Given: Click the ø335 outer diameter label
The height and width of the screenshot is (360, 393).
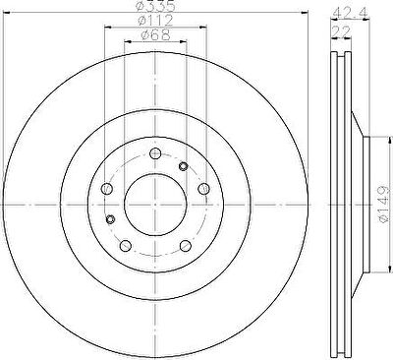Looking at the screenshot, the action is (155, 6).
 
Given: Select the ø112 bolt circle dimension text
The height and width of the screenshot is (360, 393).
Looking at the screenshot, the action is (155, 21).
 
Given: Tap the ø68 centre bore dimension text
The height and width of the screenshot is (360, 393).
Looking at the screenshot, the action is (155, 35).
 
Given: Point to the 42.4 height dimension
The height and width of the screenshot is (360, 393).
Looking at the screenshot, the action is (350, 14).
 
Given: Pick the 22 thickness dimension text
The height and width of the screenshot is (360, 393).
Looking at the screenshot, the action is (342, 31).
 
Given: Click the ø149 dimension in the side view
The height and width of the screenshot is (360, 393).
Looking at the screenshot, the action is (383, 205).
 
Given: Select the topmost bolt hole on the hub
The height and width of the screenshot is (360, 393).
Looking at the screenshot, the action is (155, 153).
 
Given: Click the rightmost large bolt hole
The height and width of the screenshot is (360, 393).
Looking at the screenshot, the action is (203, 188).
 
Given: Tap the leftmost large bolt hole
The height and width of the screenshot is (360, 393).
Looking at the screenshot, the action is (107, 188).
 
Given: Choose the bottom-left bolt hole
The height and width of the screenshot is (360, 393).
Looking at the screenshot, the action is (126, 245).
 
